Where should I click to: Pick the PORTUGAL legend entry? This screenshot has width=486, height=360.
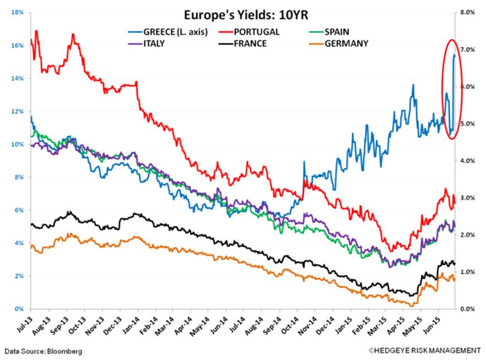[257, 32]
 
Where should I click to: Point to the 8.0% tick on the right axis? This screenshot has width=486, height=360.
[467, 12]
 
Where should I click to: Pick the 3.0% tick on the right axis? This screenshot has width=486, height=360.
[467, 198]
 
